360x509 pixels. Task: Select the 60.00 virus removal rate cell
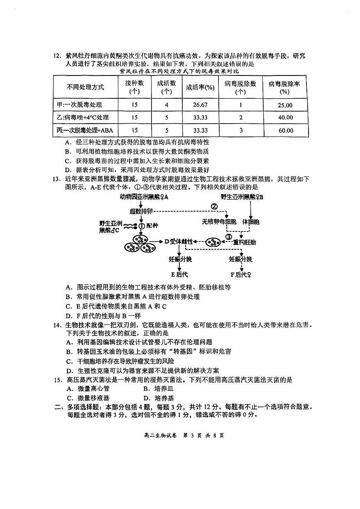pos(285,130)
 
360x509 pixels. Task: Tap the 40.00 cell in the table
pos(285,118)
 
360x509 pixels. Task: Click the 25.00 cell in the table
pos(285,105)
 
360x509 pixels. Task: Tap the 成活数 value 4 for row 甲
pos(167,105)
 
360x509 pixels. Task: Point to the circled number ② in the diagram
pos(214,206)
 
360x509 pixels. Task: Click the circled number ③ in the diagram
pos(228,237)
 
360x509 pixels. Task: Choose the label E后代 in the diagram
pos(179,274)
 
